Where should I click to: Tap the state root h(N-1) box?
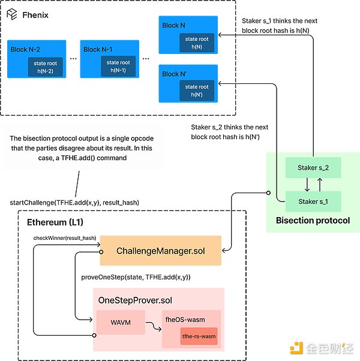[118, 67]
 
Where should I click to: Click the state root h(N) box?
[197, 43]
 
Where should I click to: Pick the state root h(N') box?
[197, 91]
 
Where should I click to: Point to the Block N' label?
[175, 74]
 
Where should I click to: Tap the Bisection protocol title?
[313, 221]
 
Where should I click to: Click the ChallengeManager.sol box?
[161, 250]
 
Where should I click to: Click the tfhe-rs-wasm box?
[199, 336]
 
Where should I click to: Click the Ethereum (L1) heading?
[56, 222]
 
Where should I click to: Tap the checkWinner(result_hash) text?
[64, 239]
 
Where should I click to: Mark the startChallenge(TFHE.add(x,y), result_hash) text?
[75, 203]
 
